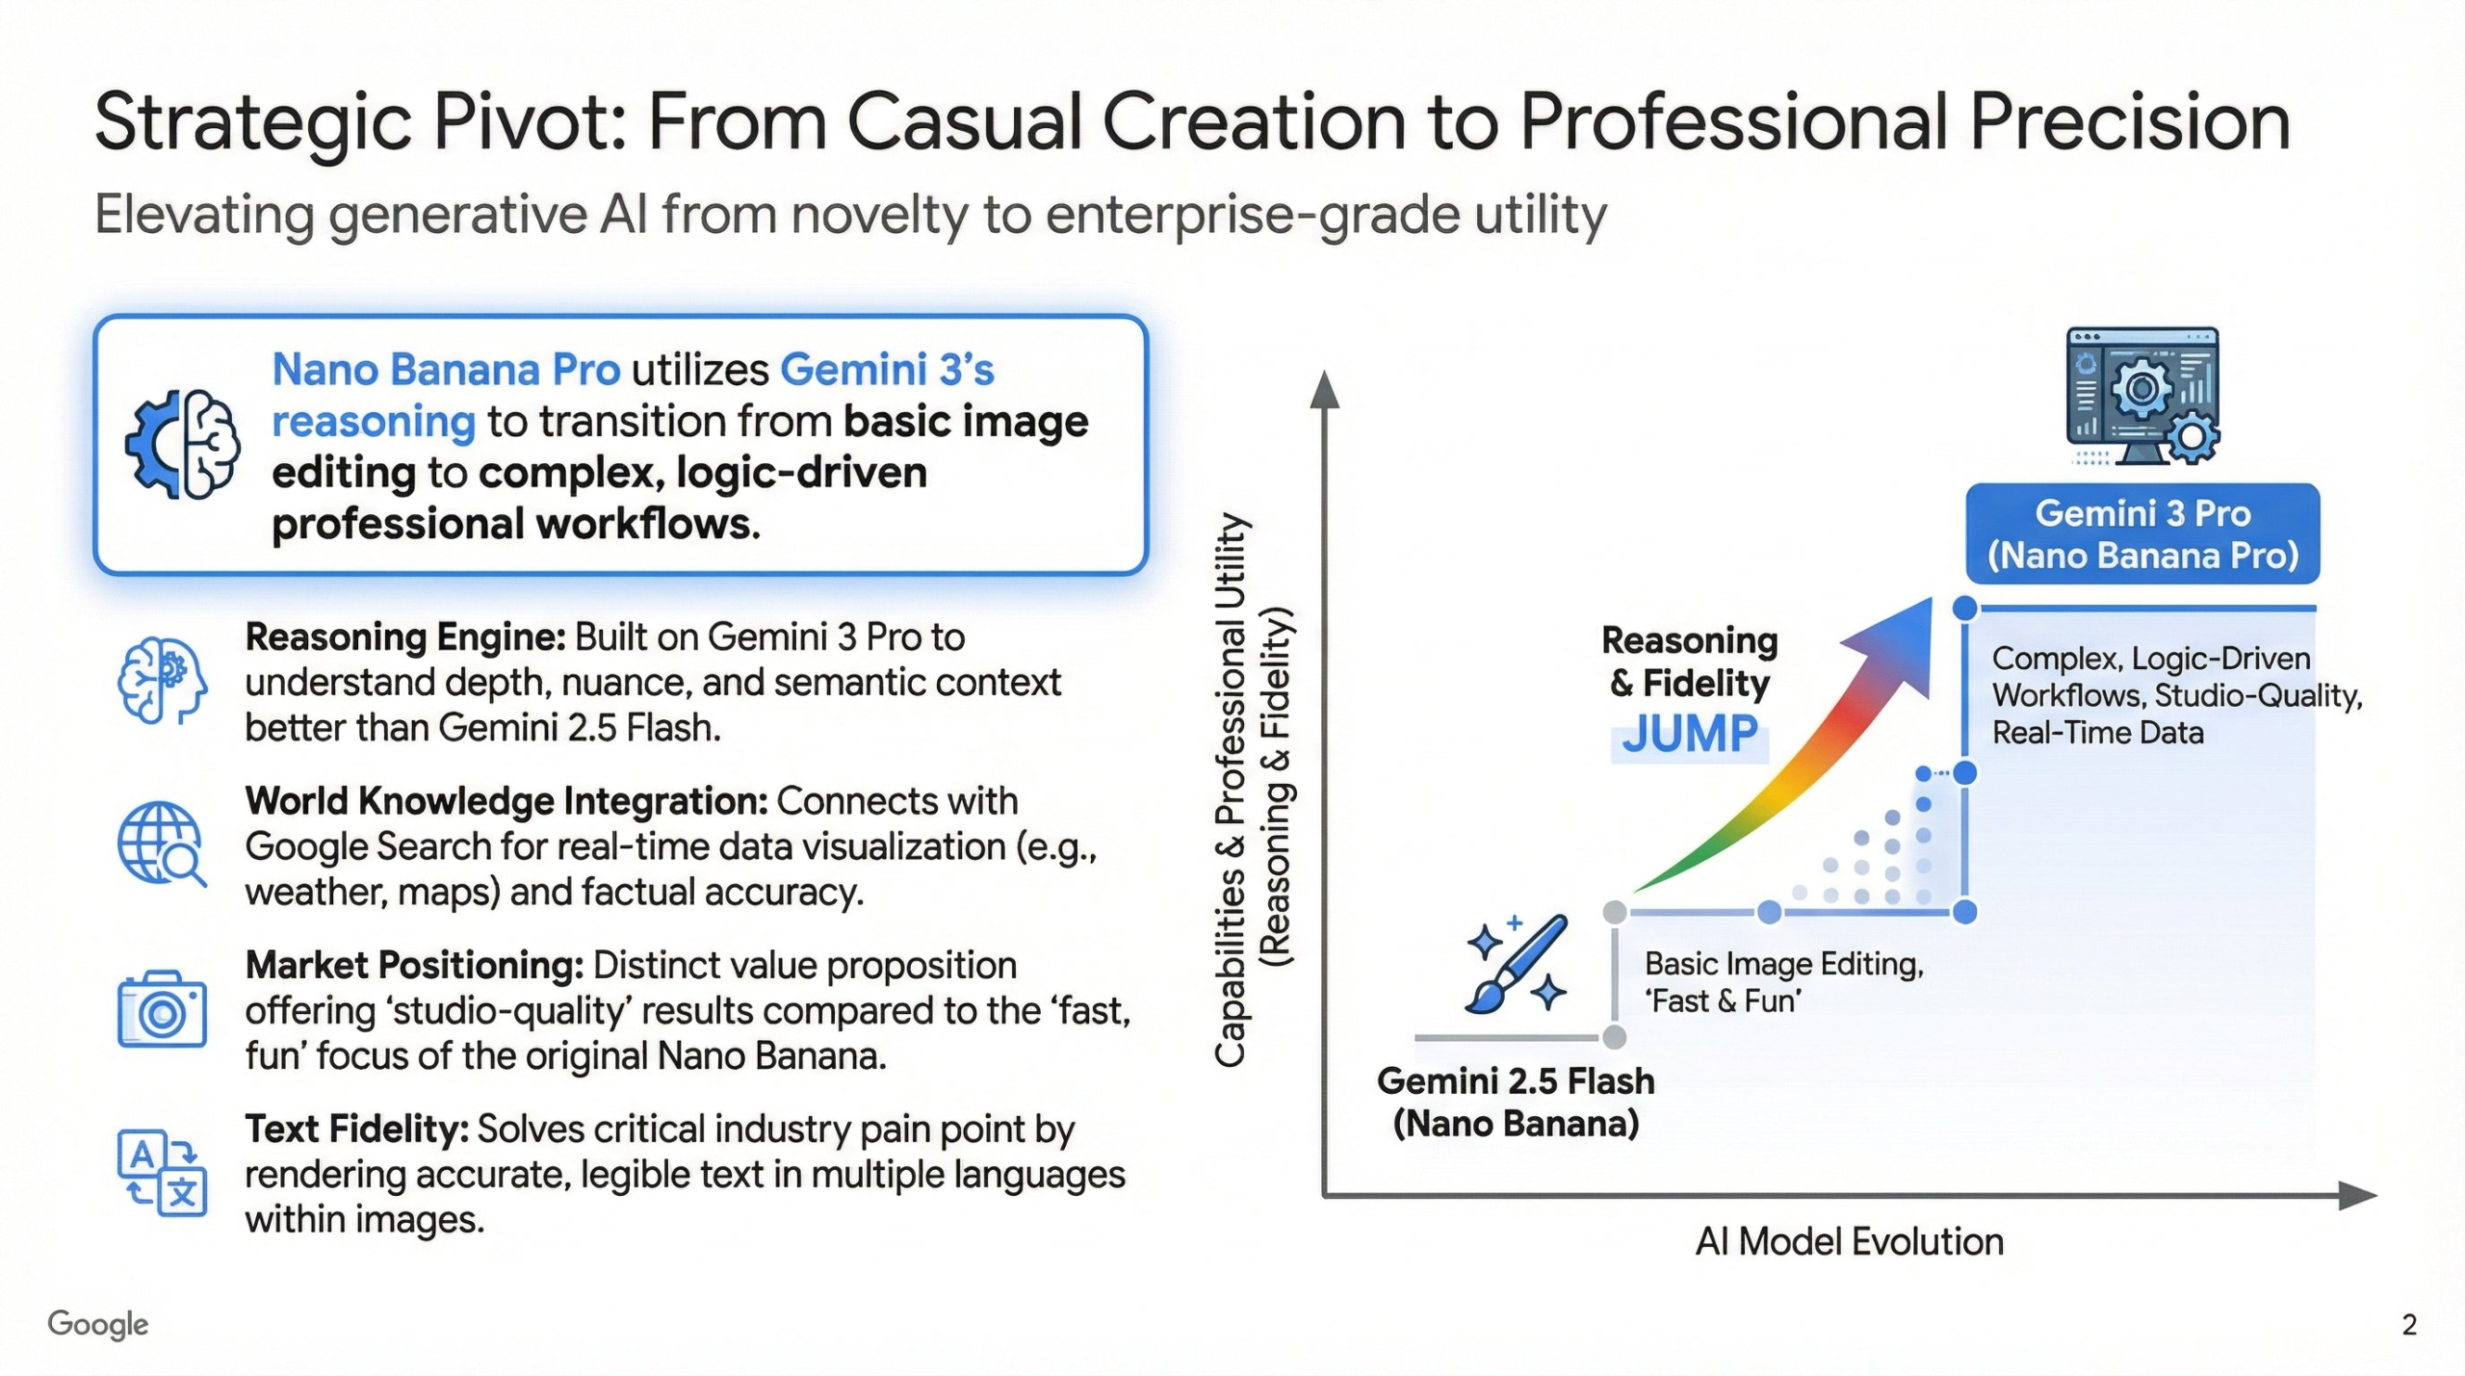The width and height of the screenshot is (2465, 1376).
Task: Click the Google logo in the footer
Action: click(97, 1324)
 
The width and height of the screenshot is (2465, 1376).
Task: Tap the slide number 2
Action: click(2409, 1325)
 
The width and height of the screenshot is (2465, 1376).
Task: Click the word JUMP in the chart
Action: click(1690, 735)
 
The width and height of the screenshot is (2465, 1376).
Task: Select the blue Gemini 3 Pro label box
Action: click(2142, 534)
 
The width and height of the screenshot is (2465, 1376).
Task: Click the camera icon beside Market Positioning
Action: click(162, 1009)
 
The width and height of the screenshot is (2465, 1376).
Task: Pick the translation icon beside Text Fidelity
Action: click(162, 1173)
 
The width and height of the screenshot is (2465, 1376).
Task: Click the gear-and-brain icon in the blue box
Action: click(183, 444)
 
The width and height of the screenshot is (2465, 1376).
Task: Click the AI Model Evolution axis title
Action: click(1849, 1242)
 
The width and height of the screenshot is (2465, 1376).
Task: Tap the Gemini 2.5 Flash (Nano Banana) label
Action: click(1516, 1103)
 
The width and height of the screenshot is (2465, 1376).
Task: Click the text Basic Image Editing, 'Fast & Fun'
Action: click(1783, 982)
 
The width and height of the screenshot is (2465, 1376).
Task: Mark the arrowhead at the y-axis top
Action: click(1325, 389)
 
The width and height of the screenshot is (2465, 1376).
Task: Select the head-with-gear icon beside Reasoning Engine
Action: click(162, 680)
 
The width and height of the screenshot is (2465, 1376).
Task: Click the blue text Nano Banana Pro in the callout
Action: click(446, 370)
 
